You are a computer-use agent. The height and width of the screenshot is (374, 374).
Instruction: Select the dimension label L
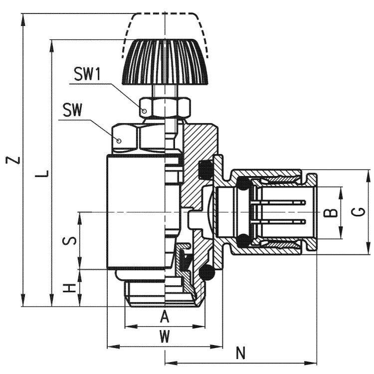(x=44, y=175)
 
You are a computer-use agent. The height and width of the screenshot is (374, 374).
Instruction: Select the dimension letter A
(x=165, y=316)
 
